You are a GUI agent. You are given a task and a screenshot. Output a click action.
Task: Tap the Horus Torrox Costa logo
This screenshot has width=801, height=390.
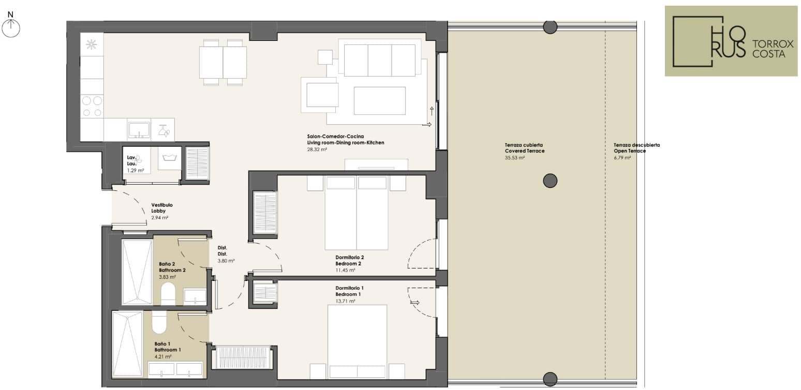coord(731,41)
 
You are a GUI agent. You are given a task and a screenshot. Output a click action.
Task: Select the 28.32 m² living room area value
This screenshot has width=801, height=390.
coord(317,149)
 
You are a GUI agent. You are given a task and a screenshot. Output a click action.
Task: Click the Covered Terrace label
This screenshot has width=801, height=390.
coord(525,151)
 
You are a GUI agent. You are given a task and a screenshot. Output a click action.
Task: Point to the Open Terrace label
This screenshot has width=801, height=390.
coord(630,151)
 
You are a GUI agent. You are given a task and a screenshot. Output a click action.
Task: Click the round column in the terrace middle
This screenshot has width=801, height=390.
coord(550,181)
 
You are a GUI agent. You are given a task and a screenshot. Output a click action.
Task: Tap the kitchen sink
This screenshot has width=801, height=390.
coord(139,129)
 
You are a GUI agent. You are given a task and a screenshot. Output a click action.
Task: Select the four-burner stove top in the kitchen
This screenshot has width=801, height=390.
coord(92,107)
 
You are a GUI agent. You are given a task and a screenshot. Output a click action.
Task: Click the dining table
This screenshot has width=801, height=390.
coord(223,63)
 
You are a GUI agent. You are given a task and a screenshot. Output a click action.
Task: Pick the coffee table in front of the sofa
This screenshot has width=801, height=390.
coord(379,100)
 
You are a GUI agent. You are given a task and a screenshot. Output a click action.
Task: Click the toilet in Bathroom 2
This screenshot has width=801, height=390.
coord(167,294)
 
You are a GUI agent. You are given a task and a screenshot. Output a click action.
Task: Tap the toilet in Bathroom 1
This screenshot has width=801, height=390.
coord(159,322)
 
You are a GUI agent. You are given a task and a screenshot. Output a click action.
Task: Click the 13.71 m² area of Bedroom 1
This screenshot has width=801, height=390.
coord(345,301)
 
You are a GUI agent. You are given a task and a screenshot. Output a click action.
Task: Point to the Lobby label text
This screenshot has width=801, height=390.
coord(158,211)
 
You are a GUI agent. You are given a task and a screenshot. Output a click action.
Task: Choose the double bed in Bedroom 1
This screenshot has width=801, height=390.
coord(357,341)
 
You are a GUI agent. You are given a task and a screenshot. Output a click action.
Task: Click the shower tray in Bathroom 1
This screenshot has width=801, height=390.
coord(127,344)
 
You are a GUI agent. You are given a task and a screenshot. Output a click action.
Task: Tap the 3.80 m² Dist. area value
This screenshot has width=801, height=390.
coord(226,261)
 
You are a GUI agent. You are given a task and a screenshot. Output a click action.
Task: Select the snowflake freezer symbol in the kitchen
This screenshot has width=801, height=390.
coord(92,44)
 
